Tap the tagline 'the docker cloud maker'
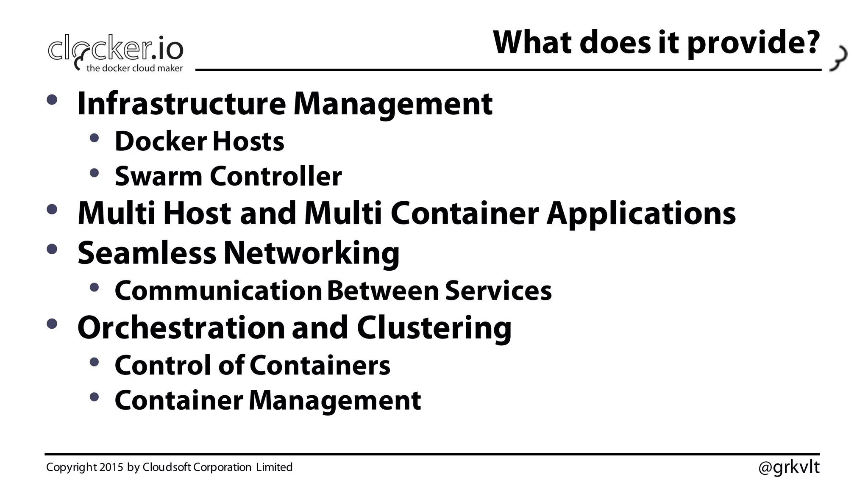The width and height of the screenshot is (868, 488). pyautogui.click(x=134, y=68)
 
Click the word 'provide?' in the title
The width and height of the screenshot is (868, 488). pyautogui.click(x=753, y=43)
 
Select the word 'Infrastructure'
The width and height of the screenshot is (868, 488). pyautogui.click(x=182, y=104)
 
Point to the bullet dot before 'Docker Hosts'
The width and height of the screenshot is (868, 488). pyautogui.click(x=94, y=138)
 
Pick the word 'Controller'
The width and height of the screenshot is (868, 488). pyautogui.click(x=275, y=176)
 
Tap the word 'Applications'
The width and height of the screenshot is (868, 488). pyautogui.click(x=641, y=213)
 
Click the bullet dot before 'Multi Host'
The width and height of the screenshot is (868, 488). pyautogui.click(x=52, y=209)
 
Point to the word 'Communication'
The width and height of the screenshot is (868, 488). pyautogui.click(x=218, y=291)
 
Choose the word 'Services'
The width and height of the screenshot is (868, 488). pyautogui.click(x=498, y=291)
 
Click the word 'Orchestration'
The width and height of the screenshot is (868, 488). pyautogui.click(x=181, y=328)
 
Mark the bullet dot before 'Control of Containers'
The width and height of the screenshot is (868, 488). pyautogui.click(x=94, y=362)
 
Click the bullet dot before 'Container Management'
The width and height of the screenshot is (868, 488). pyautogui.click(x=94, y=397)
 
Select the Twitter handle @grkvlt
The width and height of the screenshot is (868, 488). pyautogui.click(x=789, y=467)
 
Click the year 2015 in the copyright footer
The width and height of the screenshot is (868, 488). pyautogui.click(x=111, y=467)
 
